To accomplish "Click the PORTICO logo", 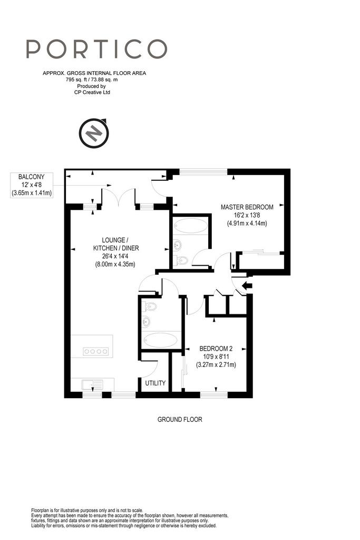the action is (96, 49).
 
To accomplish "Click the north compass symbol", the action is (94, 132).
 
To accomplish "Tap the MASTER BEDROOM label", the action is (247, 207).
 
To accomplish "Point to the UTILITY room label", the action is (155, 383).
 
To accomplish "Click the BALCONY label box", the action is (31, 185).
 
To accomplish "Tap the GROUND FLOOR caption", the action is (180, 419).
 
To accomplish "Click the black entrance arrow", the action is (247, 285).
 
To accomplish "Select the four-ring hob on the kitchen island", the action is (96, 352).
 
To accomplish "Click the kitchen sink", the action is (92, 384).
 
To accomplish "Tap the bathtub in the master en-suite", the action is (191, 226).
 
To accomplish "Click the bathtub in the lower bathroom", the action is (160, 340).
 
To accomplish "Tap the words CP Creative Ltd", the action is (92, 92).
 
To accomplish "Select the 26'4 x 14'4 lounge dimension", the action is (115, 256).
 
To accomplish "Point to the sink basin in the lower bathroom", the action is (146, 322).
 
